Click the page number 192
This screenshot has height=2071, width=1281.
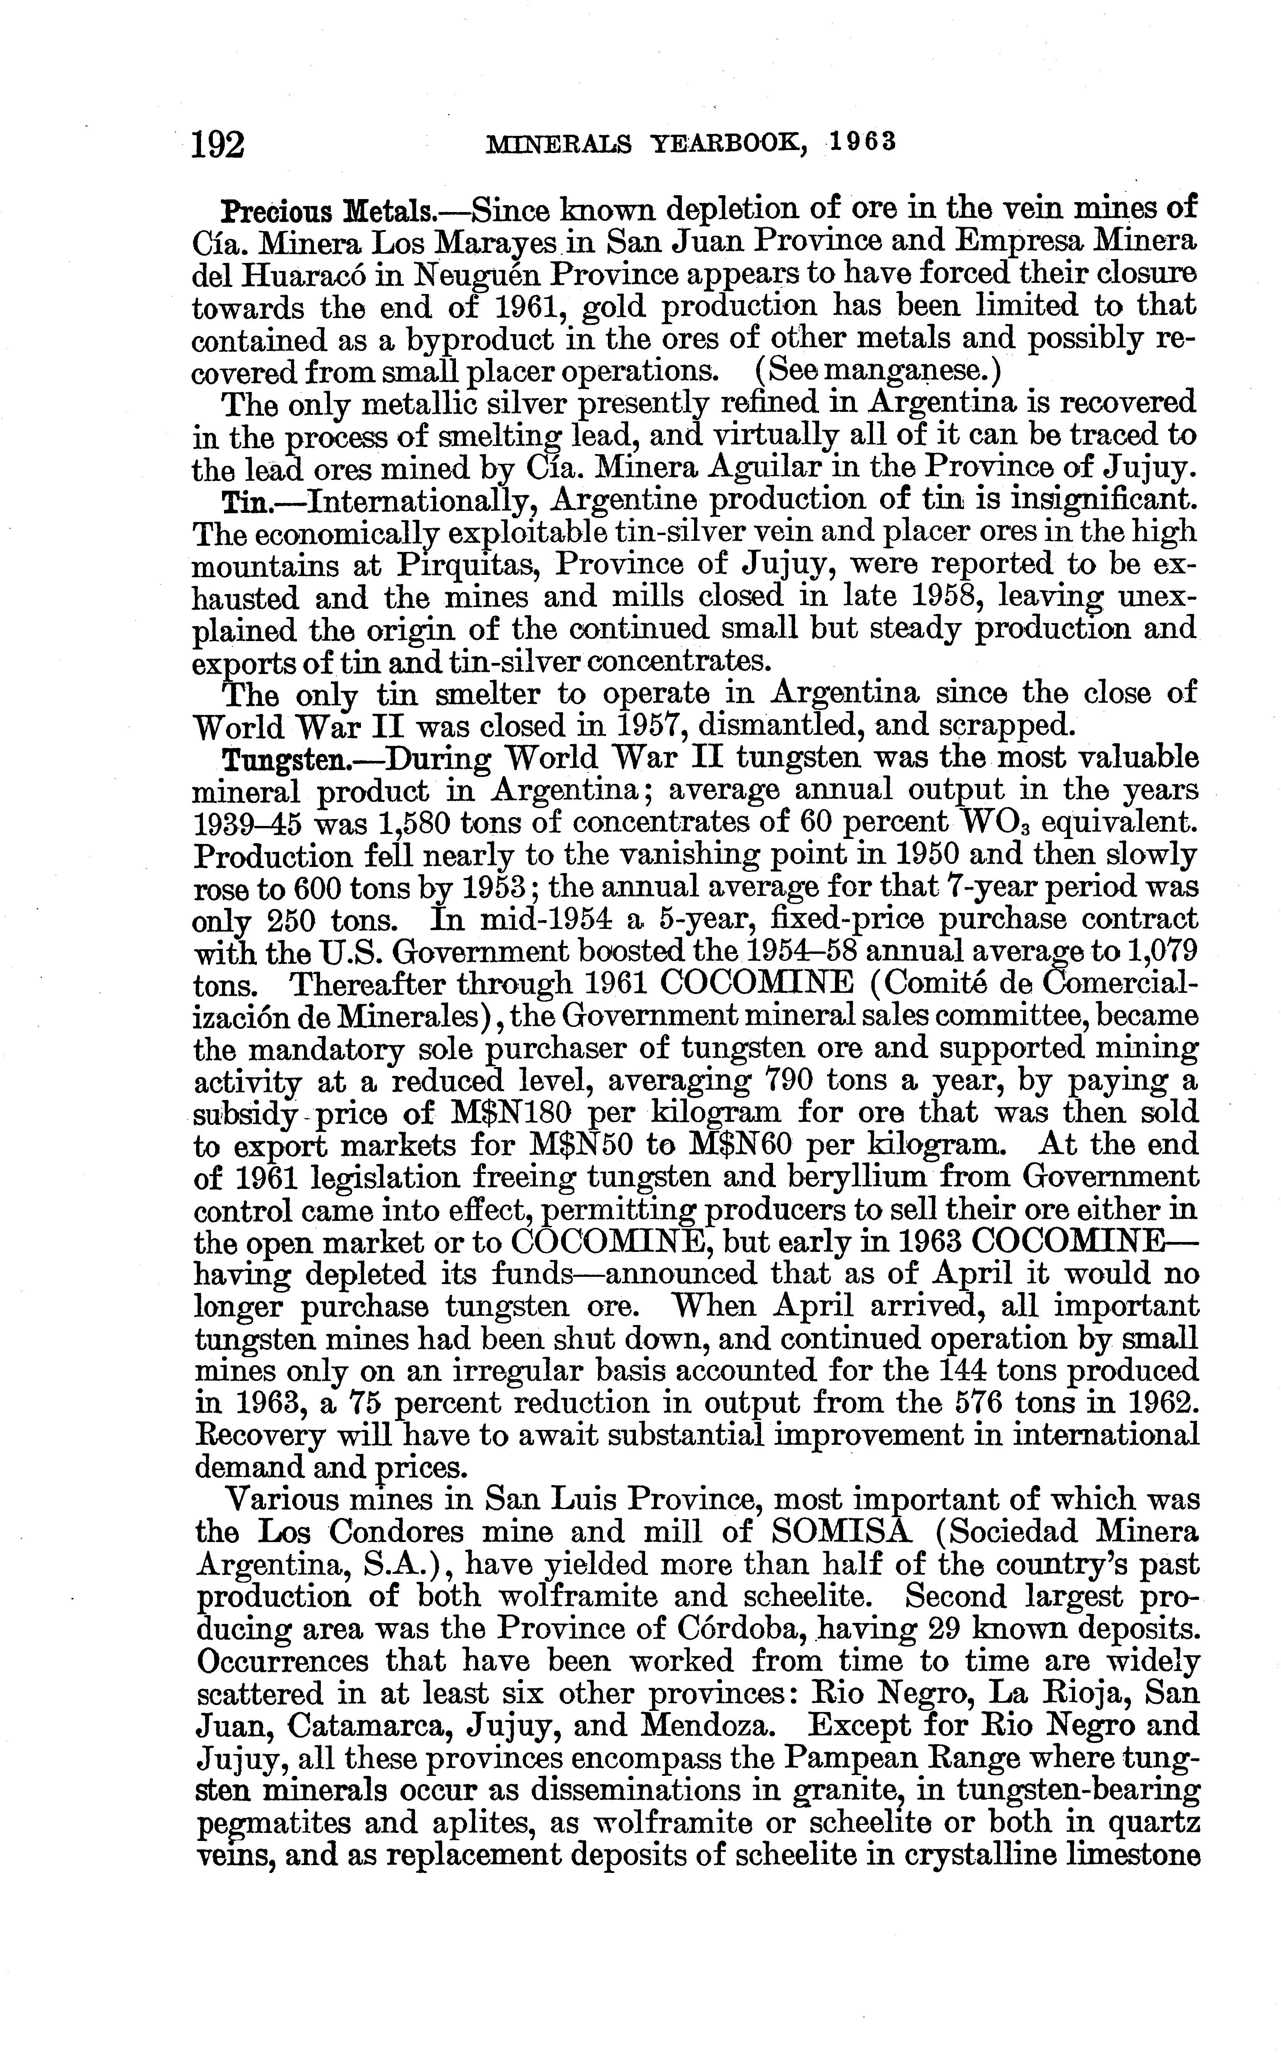pos(219,144)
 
